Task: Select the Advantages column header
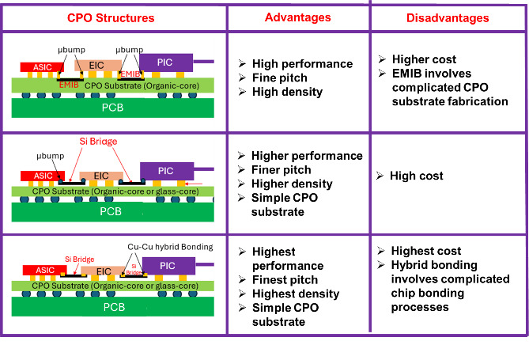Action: [x=297, y=17]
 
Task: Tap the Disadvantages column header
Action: [x=448, y=17]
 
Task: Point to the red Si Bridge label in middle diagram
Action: [x=98, y=142]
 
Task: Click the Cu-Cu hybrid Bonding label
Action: [x=170, y=247]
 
